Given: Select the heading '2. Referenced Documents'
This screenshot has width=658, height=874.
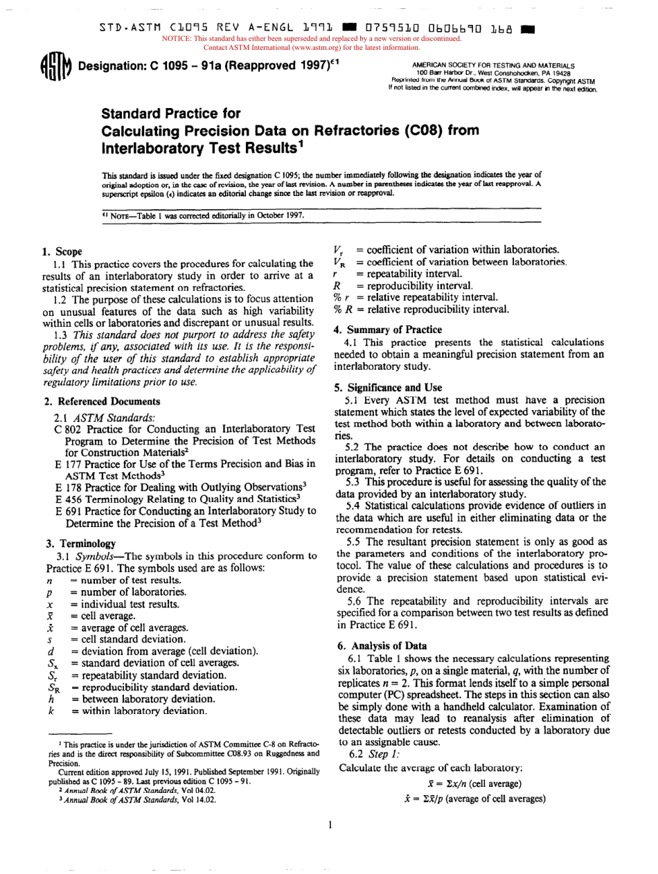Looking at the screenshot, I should click(x=102, y=401).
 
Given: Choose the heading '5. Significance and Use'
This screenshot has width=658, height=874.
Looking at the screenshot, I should click(x=388, y=387).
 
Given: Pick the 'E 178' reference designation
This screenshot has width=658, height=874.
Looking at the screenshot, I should click(x=65, y=488).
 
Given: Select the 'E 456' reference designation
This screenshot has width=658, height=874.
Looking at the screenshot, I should click(x=65, y=499).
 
